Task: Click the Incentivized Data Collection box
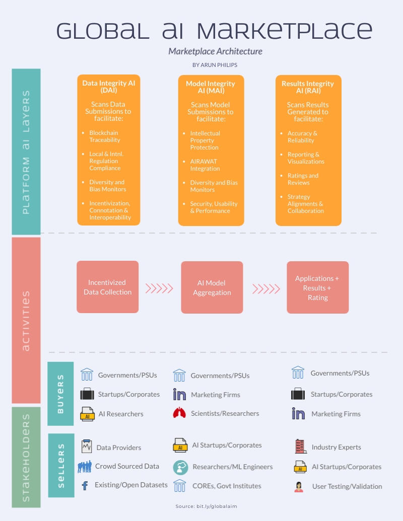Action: [x=107, y=287]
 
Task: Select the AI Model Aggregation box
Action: [x=212, y=287]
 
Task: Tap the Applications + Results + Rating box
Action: [x=317, y=287]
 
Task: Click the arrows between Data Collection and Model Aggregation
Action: [x=159, y=288]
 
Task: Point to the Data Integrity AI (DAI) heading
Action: [x=108, y=87]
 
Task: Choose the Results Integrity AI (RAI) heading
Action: [x=308, y=87]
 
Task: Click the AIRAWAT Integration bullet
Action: [x=205, y=165]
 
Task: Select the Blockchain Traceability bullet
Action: [x=105, y=136]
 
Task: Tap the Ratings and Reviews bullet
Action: [x=303, y=179]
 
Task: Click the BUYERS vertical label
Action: [x=60, y=394]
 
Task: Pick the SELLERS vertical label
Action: [x=60, y=465]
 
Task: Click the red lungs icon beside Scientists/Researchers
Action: [x=179, y=413]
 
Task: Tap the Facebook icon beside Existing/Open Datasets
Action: [x=85, y=485]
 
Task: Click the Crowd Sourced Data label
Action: [x=127, y=466]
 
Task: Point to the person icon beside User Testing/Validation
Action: [x=299, y=486]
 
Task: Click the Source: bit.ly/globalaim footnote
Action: [x=206, y=506]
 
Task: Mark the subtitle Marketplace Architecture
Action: [x=215, y=51]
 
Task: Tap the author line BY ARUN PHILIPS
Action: [x=215, y=65]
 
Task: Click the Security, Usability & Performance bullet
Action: [x=214, y=207]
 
